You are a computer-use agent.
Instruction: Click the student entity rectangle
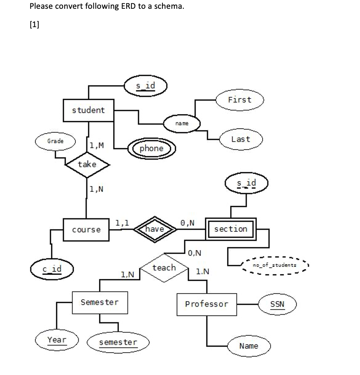pyautogui.click(x=89, y=111)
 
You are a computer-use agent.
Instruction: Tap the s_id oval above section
pyautogui.click(x=246, y=184)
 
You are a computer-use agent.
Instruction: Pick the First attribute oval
pyautogui.click(x=239, y=100)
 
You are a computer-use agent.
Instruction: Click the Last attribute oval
pyautogui.click(x=241, y=139)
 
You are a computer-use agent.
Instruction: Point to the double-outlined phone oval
pyautogui.click(x=151, y=148)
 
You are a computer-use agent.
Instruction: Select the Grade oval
pyautogui.click(x=55, y=141)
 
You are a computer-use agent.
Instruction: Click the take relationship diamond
pyautogui.click(x=87, y=164)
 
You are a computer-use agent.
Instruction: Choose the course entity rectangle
pyautogui.click(x=86, y=230)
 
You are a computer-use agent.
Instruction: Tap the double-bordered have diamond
pyautogui.click(x=154, y=229)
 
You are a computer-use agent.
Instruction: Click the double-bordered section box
pyautogui.click(x=231, y=229)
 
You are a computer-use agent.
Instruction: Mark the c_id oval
pyautogui.click(x=52, y=269)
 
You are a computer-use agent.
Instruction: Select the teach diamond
pyautogui.click(x=164, y=268)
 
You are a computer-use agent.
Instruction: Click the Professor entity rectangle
pyautogui.click(x=206, y=304)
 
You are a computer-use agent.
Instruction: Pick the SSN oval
pyautogui.click(x=277, y=304)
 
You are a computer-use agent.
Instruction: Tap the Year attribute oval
pyautogui.click(x=57, y=340)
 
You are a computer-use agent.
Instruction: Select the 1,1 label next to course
pyautogui.click(x=122, y=223)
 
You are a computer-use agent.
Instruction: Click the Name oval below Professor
pyautogui.click(x=249, y=346)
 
